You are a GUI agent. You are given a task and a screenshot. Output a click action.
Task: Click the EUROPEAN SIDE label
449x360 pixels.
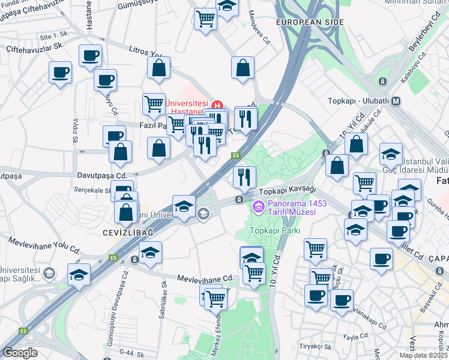tap(310, 22)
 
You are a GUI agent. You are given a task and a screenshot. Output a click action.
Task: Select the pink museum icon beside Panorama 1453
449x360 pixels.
tap(259, 208)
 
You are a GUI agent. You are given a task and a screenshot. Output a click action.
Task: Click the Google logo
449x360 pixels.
tap(20, 353)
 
